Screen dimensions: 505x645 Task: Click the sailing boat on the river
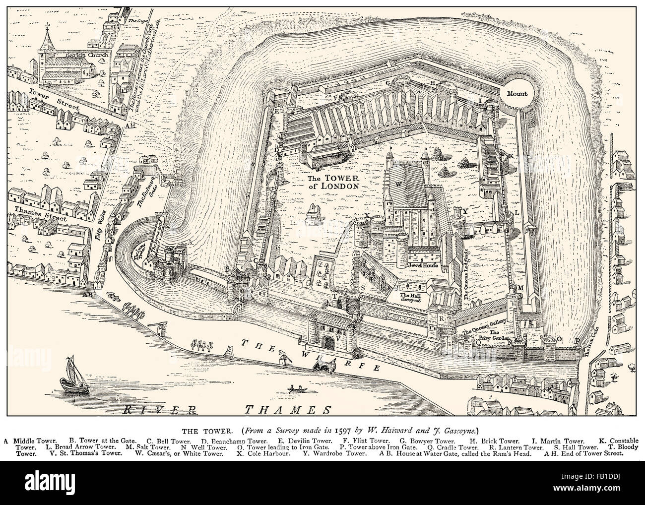[x=72, y=376]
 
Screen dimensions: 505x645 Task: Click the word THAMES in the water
[x=288, y=410]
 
